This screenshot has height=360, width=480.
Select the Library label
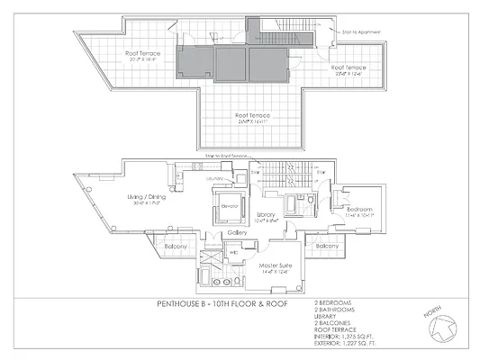click(x=266, y=214)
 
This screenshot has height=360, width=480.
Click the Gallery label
click(x=238, y=232)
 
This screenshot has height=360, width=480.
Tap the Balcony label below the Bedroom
click(x=326, y=246)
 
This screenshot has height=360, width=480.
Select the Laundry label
click(x=215, y=178)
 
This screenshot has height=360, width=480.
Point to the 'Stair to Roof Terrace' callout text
click(x=225, y=157)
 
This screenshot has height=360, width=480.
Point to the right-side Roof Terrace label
click(x=349, y=67)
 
